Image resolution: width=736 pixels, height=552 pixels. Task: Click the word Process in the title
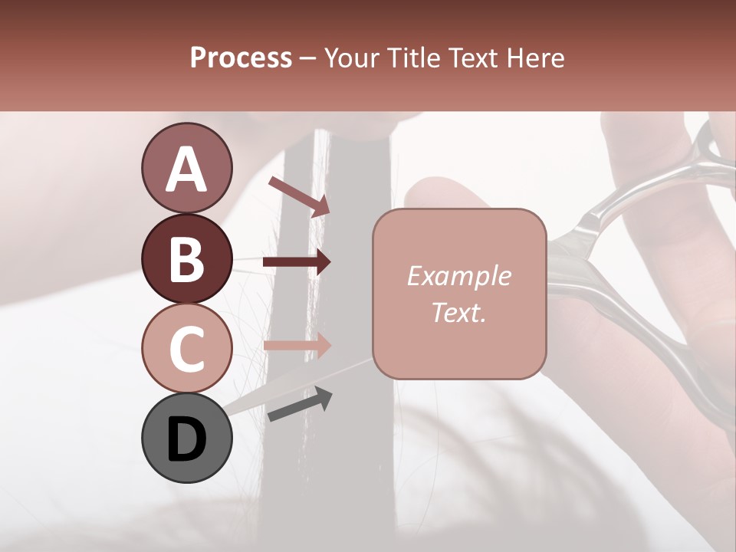tap(241, 58)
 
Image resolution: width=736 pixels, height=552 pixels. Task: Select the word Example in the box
tap(458, 276)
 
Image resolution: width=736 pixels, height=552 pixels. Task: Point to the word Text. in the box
tap(458, 312)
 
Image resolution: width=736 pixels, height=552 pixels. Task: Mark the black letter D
tap(187, 440)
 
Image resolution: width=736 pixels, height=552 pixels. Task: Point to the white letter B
tap(187, 259)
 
